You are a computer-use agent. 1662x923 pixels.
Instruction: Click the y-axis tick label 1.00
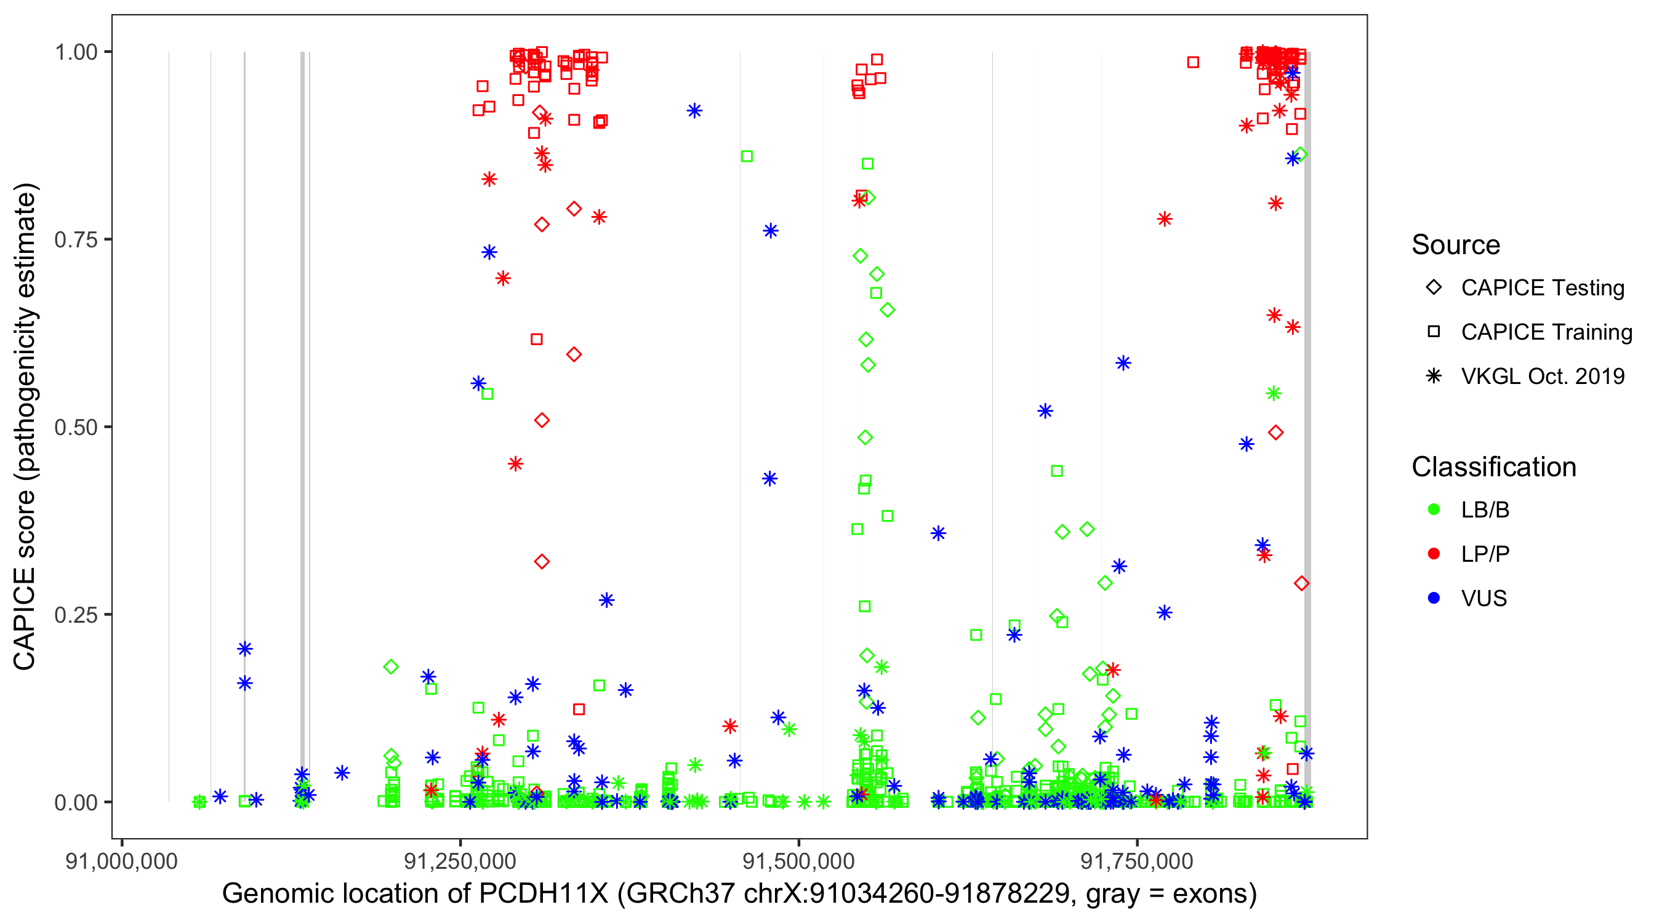tap(76, 52)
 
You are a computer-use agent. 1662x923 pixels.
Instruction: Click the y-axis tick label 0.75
tap(76, 239)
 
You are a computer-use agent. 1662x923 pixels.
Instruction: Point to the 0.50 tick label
tap(76, 427)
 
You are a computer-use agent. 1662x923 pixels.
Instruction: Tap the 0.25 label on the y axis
tap(76, 614)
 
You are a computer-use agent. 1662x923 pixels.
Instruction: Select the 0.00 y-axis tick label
tap(76, 802)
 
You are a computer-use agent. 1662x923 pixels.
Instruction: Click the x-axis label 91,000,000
tap(121, 861)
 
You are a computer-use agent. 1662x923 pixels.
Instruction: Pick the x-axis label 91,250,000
tap(460, 861)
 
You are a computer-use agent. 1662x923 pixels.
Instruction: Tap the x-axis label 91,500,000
tap(799, 861)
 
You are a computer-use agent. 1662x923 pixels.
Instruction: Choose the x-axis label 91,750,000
tap(1137, 861)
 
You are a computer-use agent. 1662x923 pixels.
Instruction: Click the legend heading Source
tap(1456, 245)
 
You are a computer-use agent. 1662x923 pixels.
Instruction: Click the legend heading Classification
tap(1493, 467)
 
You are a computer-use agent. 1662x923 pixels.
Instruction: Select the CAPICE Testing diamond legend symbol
tap(1434, 288)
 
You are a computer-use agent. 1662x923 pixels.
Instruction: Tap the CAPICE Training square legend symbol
tap(1434, 332)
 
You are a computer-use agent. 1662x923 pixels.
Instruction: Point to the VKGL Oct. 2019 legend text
tap(1543, 376)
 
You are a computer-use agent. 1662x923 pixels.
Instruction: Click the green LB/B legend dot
tap(1434, 509)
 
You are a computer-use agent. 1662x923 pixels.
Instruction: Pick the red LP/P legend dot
tap(1434, 554)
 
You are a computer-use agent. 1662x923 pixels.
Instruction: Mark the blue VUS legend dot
tap(1434, 598)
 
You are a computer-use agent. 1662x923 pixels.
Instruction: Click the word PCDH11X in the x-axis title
tap(544, 894)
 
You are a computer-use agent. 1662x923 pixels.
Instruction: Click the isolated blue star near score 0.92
tap(694, 111)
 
